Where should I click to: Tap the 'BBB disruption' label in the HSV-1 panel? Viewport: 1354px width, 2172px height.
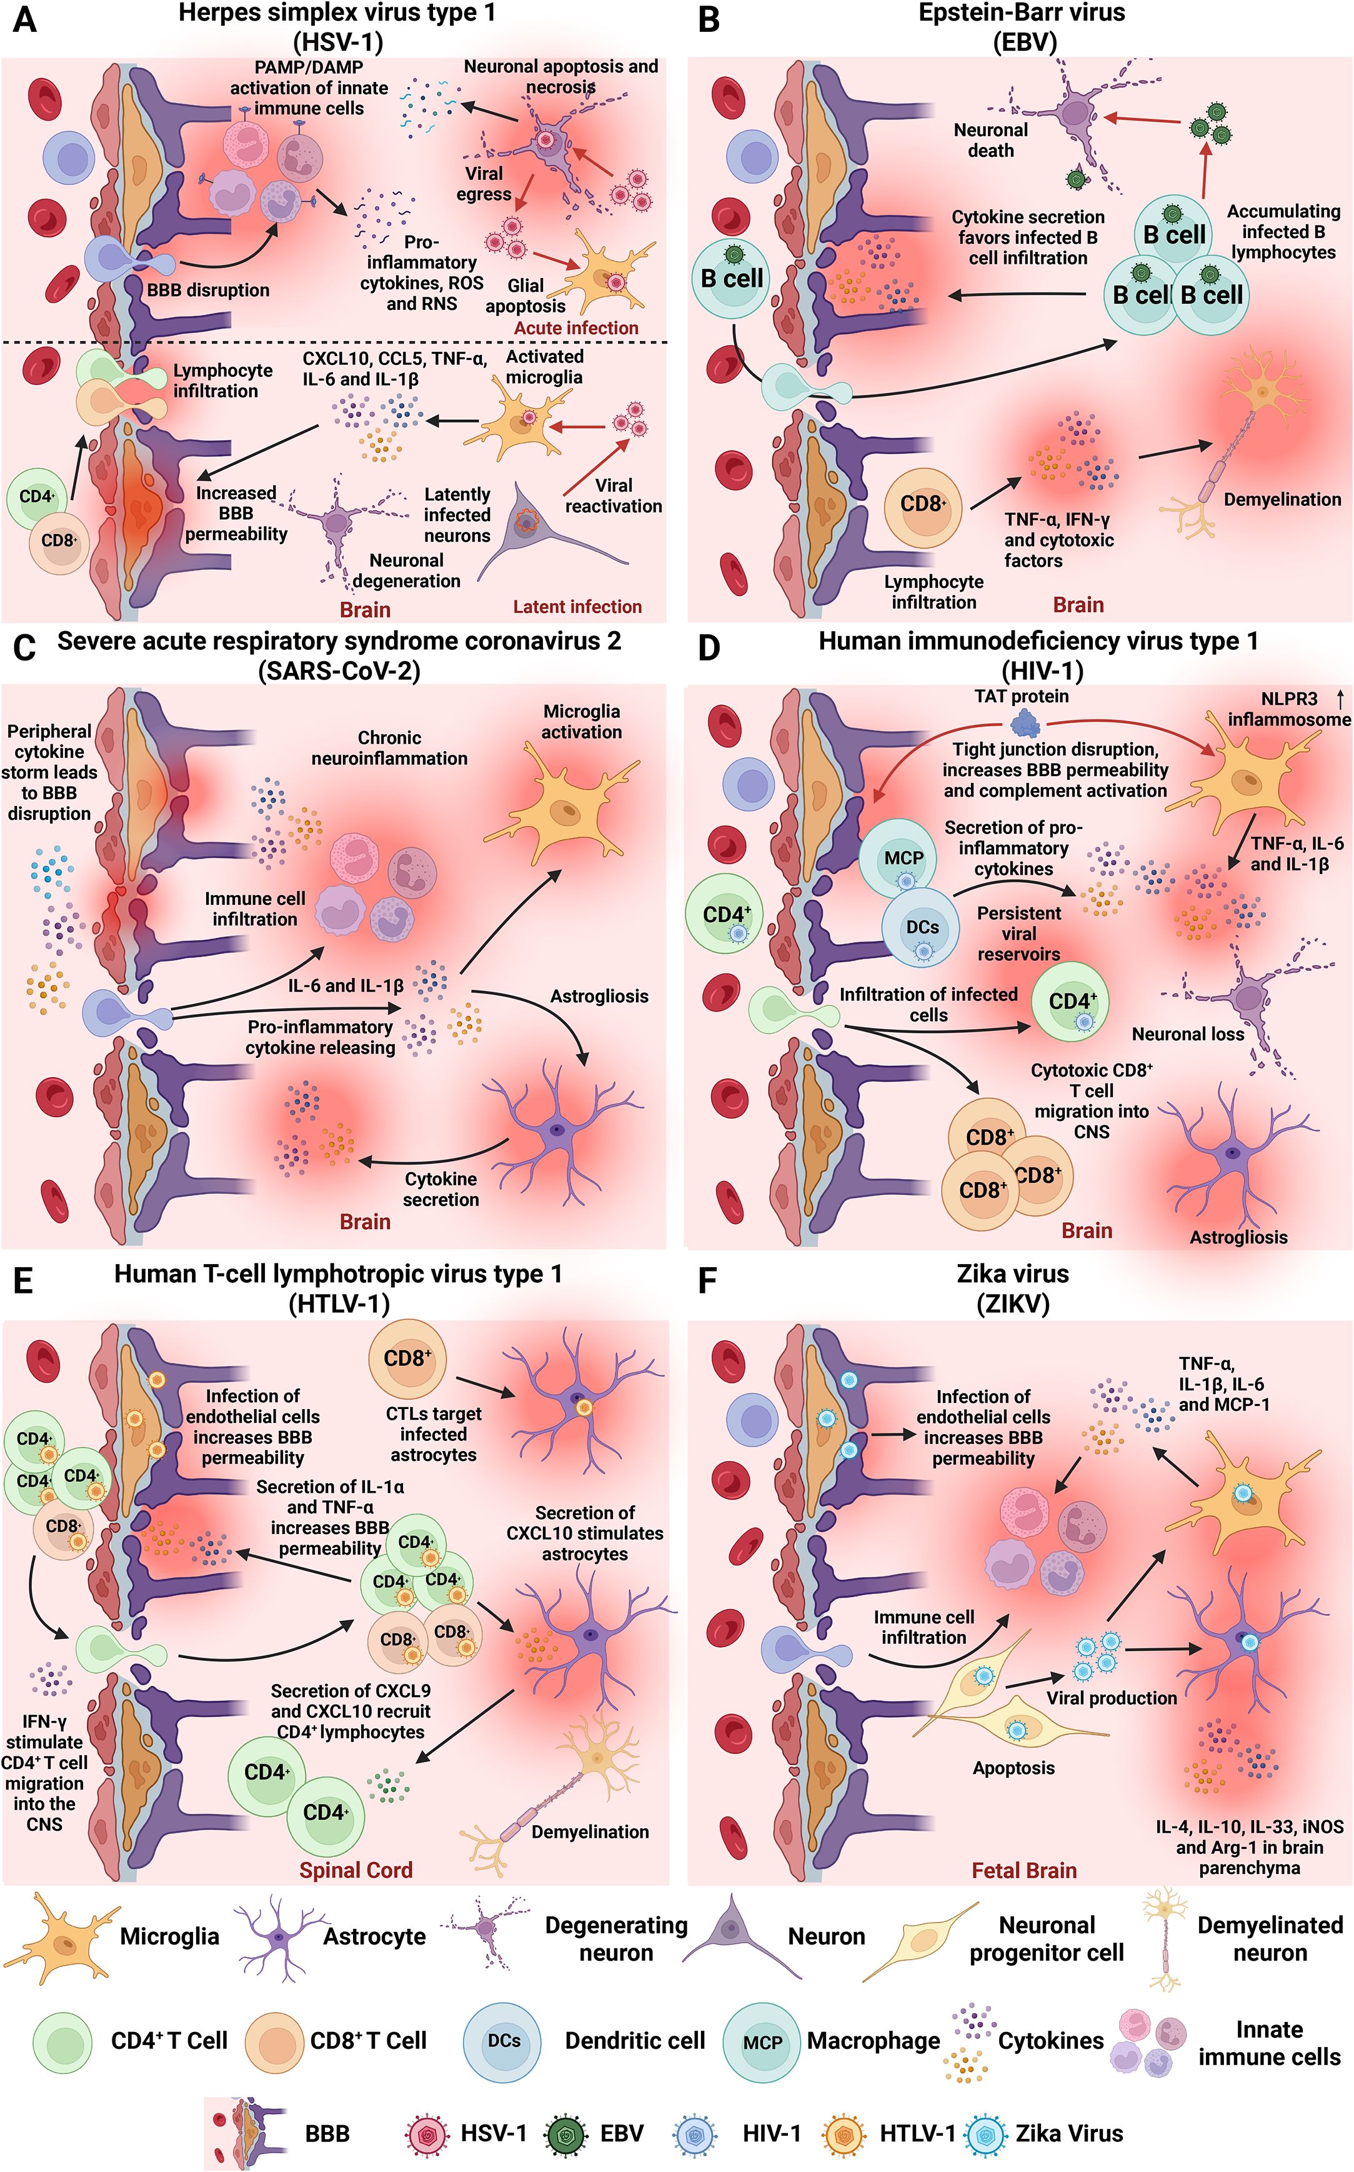click(x=208, y=290)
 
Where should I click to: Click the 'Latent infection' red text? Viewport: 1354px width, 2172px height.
click(x=577, y=606)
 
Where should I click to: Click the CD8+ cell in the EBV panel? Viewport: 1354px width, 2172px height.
click(x=922, y=505)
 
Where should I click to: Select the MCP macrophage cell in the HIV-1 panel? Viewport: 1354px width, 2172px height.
click(x=903, y=858)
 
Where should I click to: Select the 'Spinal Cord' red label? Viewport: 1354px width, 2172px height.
click(x=356, y=1870)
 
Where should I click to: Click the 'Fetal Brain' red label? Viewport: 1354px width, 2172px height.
click(x=1023, y=1870)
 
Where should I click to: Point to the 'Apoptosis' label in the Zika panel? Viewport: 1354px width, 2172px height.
click(x=1013, y=1767)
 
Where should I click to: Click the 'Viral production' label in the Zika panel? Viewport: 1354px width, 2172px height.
click(x=1112, y=1698)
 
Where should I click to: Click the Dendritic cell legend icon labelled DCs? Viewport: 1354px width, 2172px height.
click(x=503, y=2041)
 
